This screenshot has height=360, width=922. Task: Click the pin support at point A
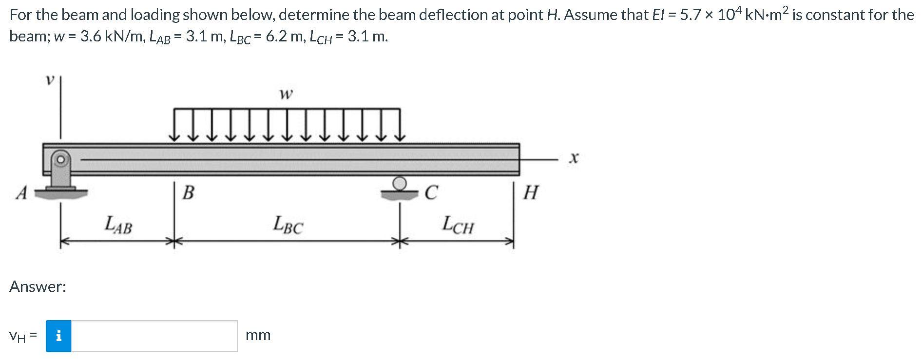60,173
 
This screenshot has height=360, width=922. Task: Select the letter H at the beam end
530,193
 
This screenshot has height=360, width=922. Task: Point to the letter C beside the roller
430,193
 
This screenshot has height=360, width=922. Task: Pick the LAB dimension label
118,225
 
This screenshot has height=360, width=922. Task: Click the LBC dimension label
288,225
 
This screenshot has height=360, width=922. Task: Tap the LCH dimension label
457,225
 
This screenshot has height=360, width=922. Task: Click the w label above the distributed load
286,94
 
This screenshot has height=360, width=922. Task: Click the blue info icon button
58,336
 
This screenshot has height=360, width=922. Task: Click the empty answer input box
154,336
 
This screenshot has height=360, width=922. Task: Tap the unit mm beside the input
258,336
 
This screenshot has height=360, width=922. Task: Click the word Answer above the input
38,286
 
